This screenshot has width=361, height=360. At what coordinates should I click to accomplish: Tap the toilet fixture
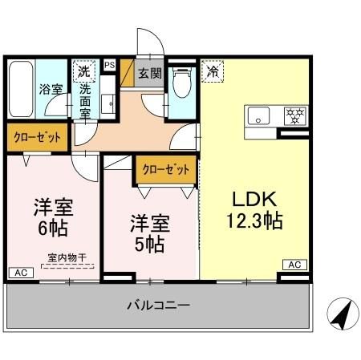point(183,82)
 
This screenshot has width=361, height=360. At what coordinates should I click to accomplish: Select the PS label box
point(110,65)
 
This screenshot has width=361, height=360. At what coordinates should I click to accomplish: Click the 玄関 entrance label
point(149,73)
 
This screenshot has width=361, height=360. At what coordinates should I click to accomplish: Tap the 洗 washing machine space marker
point(84,71)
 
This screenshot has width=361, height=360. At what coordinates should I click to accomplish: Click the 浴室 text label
point(51,89)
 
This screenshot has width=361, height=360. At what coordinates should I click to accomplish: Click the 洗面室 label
point(85,100)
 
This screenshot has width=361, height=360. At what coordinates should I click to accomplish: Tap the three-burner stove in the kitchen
point(295,114)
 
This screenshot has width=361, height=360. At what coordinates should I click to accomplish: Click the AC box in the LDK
point(294,265)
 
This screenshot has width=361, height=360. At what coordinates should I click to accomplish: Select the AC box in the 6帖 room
point(18,273)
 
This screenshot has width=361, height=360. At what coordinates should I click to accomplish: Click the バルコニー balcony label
point(158,305)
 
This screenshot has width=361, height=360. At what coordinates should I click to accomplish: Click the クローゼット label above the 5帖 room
point(167,169)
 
